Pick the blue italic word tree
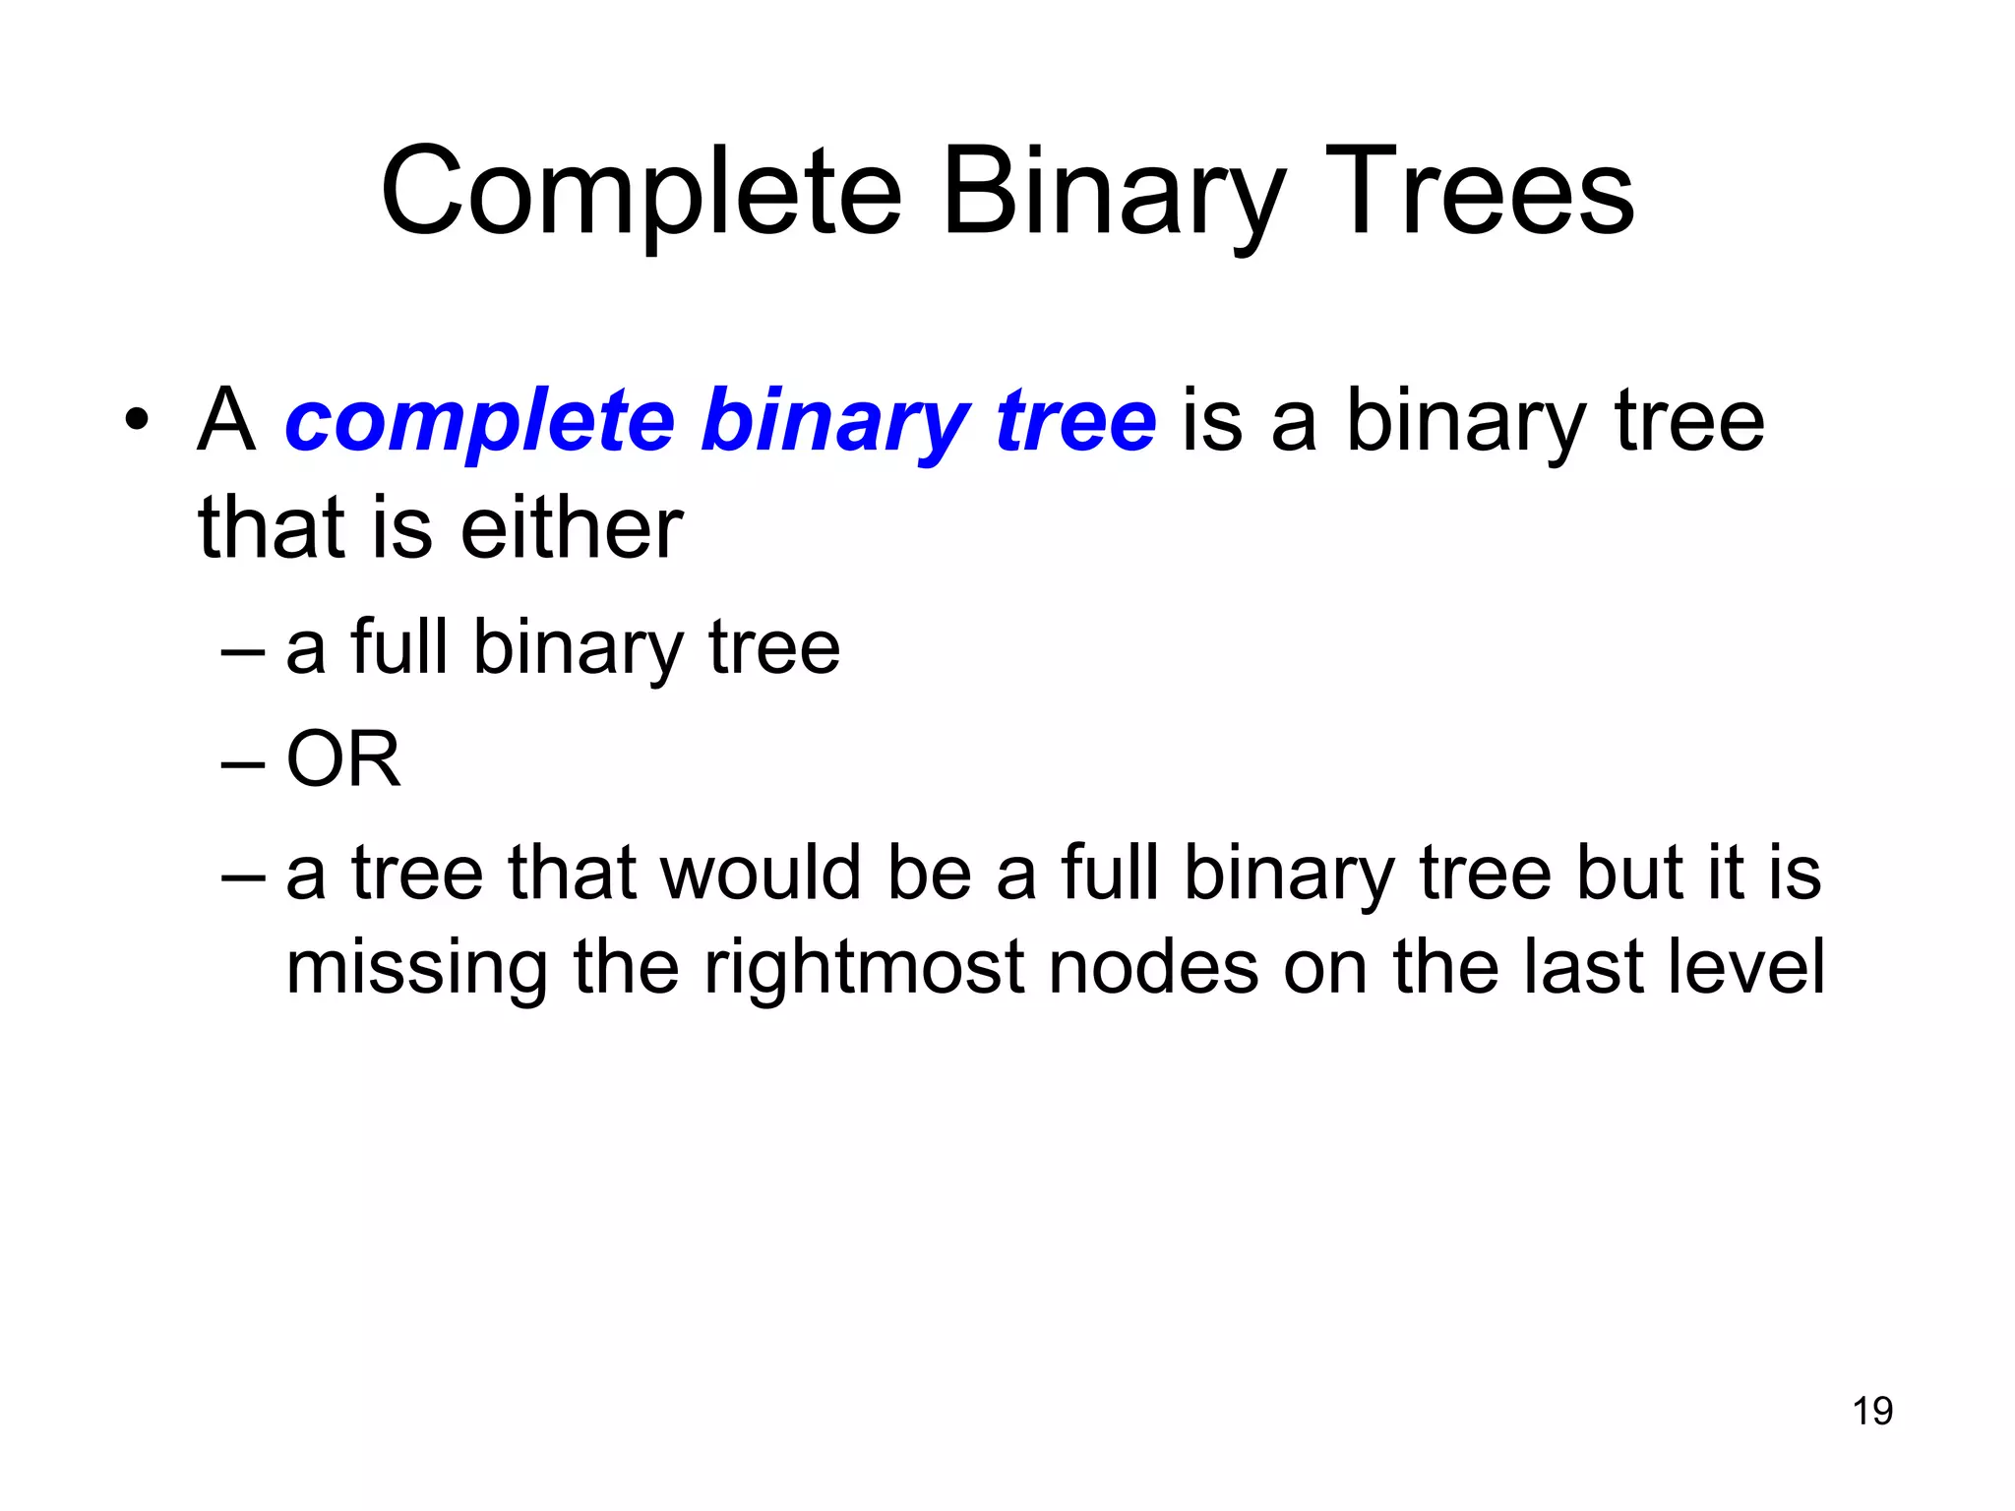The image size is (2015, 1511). (x=1076, y=421)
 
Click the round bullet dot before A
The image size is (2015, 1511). (x=137, y=422)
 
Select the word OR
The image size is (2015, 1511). (x=343, y=759)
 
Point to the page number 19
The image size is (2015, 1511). (x=1872, y=1411)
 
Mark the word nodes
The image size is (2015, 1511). (x=1152, y=967)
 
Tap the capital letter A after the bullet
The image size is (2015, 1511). (x=225, y=421)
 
